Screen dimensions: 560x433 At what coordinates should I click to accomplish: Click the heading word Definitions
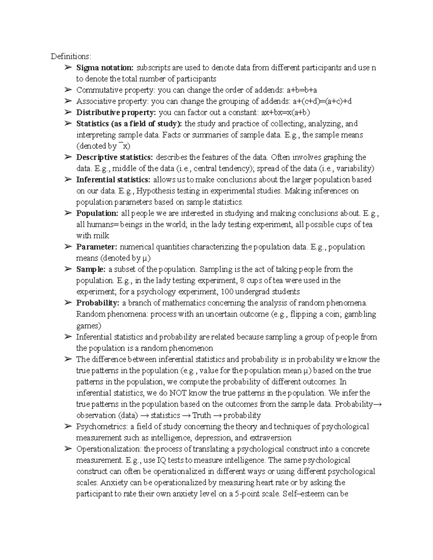[x=71, y=57]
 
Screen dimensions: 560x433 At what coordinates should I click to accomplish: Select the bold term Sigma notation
[x=105, y=68]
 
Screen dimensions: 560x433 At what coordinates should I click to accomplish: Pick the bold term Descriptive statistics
[x=115, y=157]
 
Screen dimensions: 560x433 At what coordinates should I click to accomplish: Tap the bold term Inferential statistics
[x=113, y=180]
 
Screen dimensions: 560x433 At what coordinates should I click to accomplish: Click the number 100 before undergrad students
[x=227, y=292]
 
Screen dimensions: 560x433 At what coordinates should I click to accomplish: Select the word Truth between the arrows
[x=201, y=415]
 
